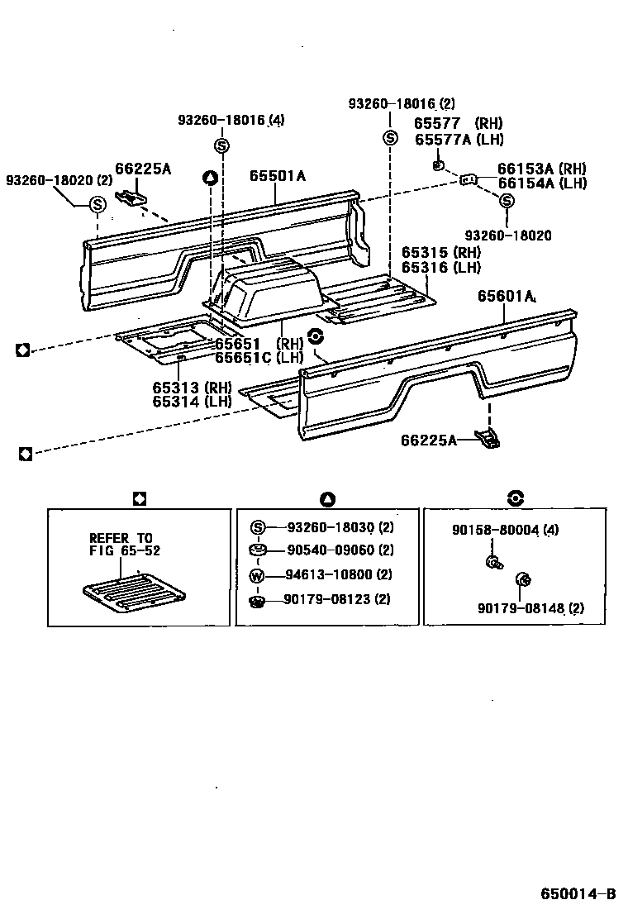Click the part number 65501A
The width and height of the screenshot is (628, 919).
pyautogui.click(x=278, y=176)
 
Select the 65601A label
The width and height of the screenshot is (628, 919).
pyautogui.click(x=506, y=297)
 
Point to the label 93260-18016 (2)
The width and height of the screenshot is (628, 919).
pyautogui.click(x=401, y=104)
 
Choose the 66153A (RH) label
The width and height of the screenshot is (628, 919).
pyautogui.click(x=541, y=168)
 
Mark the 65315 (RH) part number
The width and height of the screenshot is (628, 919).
pyautogui.click(x=440, y=253)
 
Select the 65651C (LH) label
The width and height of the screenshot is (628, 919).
pyautogui.click(x=259, y=358)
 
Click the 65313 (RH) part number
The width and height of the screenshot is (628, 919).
pyautogui.click(x=192, y=387)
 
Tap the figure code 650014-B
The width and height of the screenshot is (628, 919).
pyautogui.click(x=578, y=894)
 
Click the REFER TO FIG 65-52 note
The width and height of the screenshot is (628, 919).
pyautogui.click(x=121, y=544)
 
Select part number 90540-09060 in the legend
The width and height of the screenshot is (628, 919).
pyautogui.click(x=329, y=550)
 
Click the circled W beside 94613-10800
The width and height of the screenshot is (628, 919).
pyautogui.click(x=256, y=576)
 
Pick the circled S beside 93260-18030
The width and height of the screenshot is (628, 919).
pyautogui.click(x=256, y=527)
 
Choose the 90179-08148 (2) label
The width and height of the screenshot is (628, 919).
pyautogui.click(x=530, y=608)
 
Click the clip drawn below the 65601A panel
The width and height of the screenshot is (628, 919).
pyautogui.click(x=488, y=438)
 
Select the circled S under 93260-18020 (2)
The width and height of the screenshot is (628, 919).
pyautogui.click(x=97, y=204)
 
